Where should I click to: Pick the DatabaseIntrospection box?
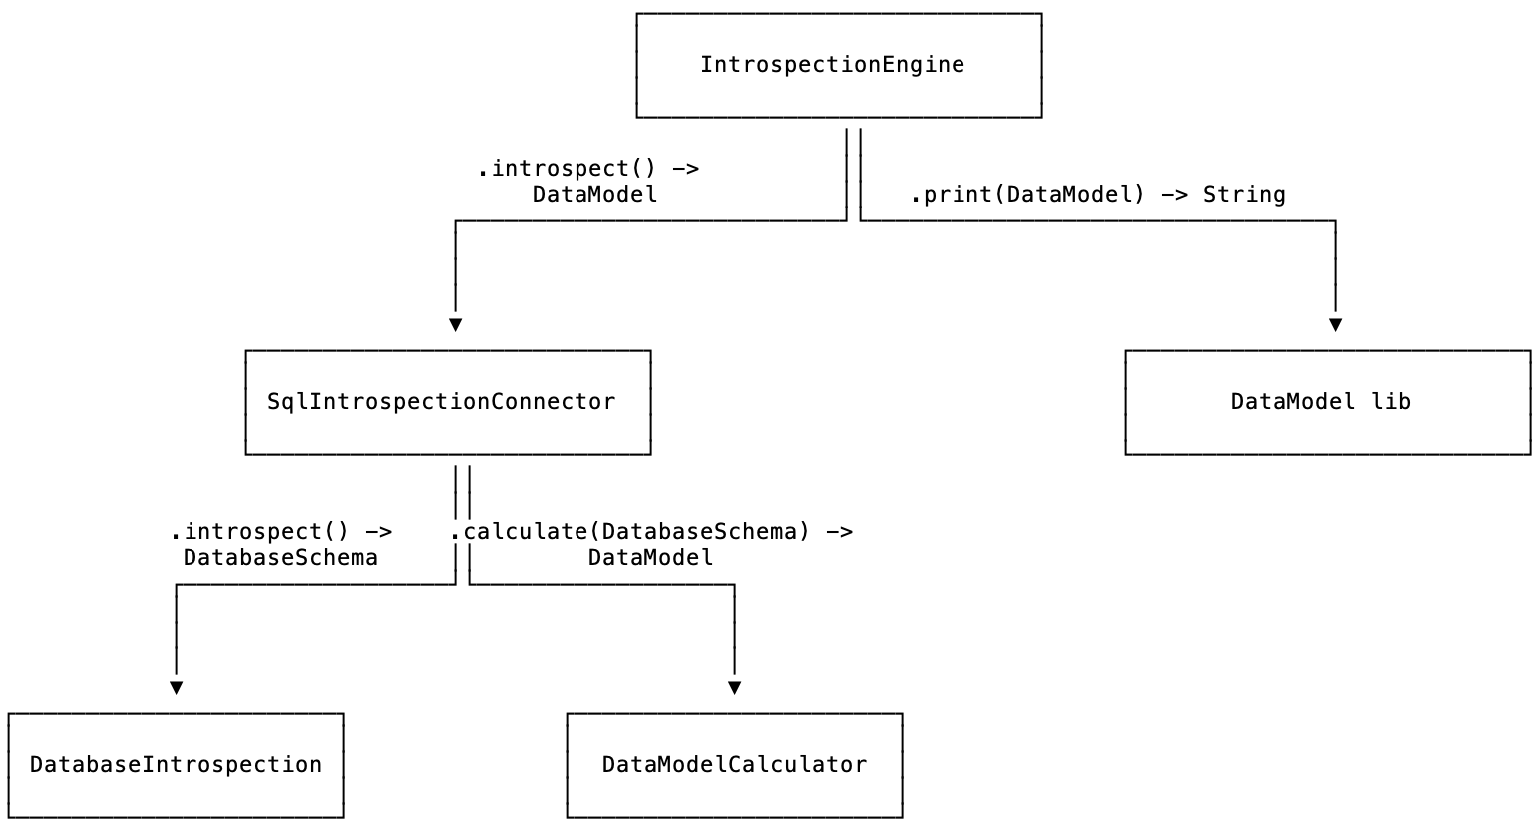[x=176, y=765]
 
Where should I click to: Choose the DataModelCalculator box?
[x=734, y=765]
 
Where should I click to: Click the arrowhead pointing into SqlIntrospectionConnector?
[x=455, y=325]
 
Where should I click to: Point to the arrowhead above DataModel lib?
[x=1335, y=325]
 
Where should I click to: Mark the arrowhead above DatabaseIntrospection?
[x=176, y=688]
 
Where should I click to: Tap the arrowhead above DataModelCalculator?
[x=734, y=688]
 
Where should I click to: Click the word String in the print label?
[x=1244, y=195]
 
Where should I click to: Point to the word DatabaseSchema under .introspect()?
[x=280, y=557]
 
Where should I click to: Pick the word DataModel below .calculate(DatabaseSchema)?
[x=650, y=557]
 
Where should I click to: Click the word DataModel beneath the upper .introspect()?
[x=594, y=195]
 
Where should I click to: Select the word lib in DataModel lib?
[x=1391, y=402]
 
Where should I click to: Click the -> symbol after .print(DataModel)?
[x=1174, y=195]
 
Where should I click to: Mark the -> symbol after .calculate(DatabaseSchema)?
[x=840, y=531]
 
